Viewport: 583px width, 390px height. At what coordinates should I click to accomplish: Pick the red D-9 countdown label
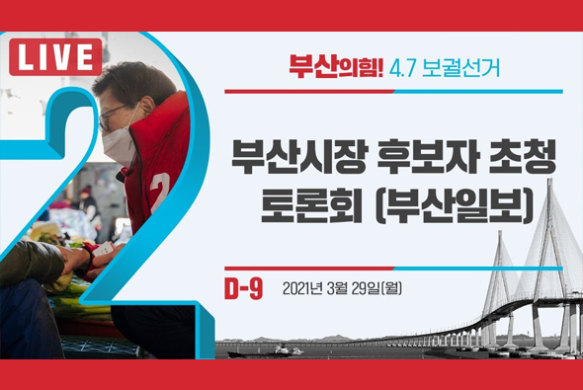click(243, 288)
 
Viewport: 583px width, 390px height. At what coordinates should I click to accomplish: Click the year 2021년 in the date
click(303, 289)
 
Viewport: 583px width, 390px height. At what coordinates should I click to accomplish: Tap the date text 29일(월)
click(376, 289)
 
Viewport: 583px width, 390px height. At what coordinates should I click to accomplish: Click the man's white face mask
click(118, 144)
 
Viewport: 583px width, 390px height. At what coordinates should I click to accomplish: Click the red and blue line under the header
click(393, 91)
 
